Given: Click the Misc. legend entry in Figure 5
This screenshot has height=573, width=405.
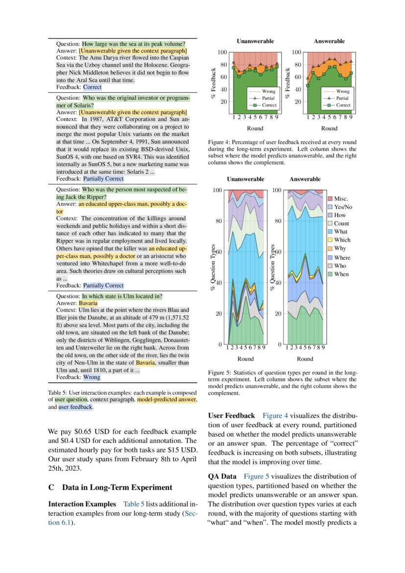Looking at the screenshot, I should pyautogui.click(x=341, y=199).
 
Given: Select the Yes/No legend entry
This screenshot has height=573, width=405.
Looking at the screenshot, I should pyautogui.click(x=343, y=207).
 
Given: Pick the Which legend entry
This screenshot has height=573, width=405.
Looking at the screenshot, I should pyautogui.click(x=342, y=240).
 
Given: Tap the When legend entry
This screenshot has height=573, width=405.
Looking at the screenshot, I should pyautogui.click(x=341, y=274).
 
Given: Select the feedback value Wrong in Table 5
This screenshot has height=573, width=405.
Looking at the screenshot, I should pyautogui.click(x=92, y=377).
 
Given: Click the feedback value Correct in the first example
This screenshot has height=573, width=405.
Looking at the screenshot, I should pyautogui.click(x=92, y=87).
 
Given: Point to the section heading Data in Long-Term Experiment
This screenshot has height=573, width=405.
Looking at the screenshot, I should pyautogui.click(x=117, y=487).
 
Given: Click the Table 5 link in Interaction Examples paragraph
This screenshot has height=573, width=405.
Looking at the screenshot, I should pyautogui.click(x=134, y=504).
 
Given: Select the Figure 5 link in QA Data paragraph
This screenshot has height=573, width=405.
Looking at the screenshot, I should pyautogui.click(x=257, y=476).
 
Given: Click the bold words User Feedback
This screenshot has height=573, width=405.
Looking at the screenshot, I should pyautogui.click(x=232, y=416).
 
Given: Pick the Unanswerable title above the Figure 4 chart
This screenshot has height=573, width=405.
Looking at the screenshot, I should pyautogui.click(x=255, y=41).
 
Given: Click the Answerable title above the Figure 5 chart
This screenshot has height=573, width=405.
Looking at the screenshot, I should pyautogui.click(x=305, y=179).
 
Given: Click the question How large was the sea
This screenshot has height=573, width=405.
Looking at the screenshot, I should pyautogui.click(x=133, y=44).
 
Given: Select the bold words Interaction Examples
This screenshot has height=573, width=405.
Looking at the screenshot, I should pyautogui.click(x=82, y=504).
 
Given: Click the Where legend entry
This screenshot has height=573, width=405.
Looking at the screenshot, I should pyautogui.click(x=342, y=257).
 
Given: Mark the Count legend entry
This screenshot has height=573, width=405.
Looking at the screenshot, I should pyautogui.click(x=341, y=224).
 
